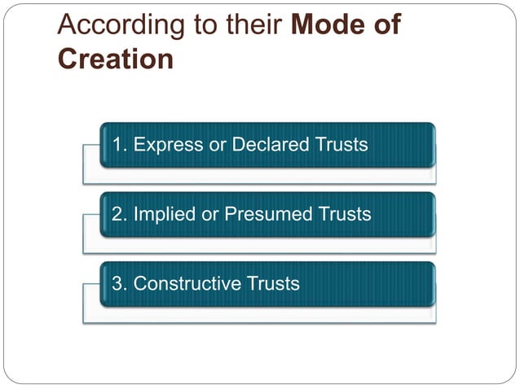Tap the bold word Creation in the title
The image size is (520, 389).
[115, 60]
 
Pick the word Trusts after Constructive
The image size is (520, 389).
[273, 284]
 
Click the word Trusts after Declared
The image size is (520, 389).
[343, 146]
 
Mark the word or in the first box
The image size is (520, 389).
[217, 146]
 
